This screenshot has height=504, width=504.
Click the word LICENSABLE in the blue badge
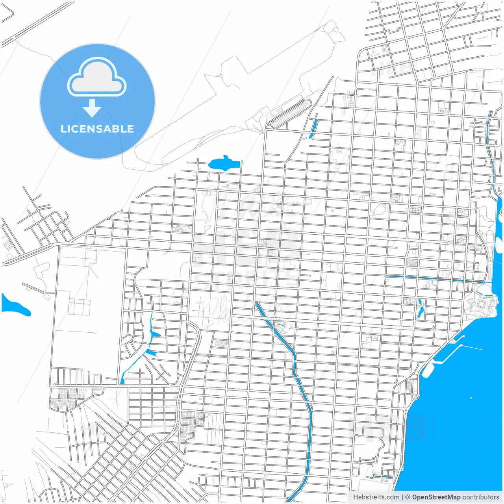(x=97, y=129)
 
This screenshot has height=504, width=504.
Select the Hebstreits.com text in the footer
(x=376, y=497)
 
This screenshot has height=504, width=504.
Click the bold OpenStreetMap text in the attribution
(x=436, y=497)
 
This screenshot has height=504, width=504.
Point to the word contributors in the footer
(x=481, y=497)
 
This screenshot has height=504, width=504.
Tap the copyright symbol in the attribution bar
(x=408, y=497)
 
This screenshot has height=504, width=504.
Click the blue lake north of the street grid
(x=223, y=163)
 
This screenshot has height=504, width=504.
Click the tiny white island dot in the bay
(x=471, y=398)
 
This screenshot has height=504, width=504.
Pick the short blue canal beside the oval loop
(x=314, y=127)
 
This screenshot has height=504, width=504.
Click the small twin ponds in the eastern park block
(x=420, y=309)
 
